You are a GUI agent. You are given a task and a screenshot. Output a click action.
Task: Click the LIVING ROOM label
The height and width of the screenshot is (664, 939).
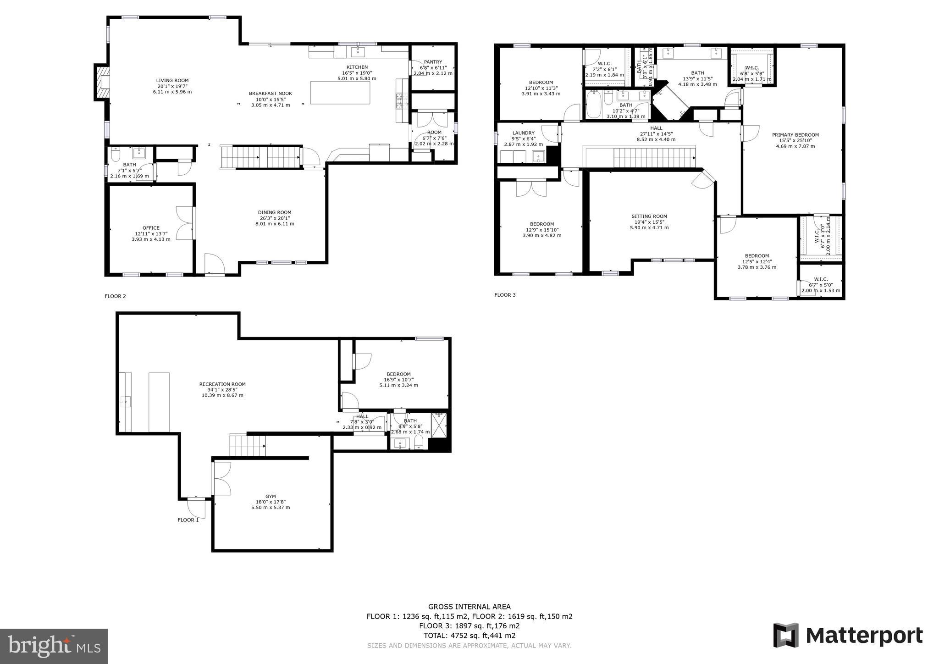172,81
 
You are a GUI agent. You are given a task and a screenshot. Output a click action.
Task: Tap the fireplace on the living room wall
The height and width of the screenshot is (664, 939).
102,82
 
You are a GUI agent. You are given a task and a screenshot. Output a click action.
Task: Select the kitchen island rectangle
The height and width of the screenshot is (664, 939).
340,93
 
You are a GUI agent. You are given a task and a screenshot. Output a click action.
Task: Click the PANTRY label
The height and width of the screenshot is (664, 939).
433,62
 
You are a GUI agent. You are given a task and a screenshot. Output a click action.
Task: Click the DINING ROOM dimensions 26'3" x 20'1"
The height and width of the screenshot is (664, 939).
275,218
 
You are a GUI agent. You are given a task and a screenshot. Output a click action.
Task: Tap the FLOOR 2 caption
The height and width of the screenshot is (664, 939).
115,296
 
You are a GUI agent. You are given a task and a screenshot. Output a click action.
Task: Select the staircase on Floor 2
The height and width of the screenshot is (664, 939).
260,157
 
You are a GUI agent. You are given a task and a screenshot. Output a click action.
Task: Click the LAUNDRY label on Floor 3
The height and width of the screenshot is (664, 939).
523,133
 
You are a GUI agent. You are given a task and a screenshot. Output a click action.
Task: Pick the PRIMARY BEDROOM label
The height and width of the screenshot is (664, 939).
795,135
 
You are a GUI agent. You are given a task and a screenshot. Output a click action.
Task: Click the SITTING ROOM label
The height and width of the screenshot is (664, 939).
649,216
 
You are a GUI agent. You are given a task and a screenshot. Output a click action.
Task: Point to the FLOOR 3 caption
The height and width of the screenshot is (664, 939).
505,295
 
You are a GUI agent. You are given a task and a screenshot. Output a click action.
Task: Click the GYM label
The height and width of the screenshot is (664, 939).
271,496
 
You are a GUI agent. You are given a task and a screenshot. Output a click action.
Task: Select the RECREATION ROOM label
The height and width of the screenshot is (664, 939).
222,384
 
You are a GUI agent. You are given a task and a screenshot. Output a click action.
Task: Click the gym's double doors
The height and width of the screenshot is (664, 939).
222,478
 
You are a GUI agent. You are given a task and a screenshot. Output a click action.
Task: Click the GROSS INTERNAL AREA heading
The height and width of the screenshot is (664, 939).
469,607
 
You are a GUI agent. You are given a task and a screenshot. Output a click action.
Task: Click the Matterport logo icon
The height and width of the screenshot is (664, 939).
786,635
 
